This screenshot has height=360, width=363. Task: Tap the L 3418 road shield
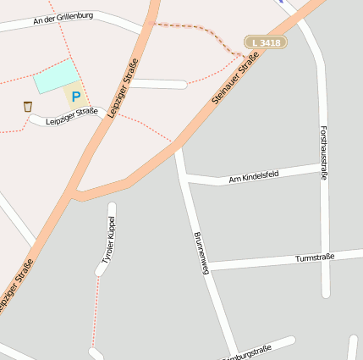(x=266, y=42)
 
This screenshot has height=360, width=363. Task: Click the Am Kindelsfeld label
(x=254, y=178)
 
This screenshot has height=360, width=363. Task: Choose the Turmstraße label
(x=315, y=257)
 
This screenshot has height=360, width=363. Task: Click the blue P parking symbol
(x=76, y=97)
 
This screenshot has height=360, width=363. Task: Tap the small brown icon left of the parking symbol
(x=28, y=107)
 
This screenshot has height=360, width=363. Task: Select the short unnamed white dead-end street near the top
(x=157, y=84)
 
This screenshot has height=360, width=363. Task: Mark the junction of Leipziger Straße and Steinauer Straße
(x=76, y=197)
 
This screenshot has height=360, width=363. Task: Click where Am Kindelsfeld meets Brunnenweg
(x=186, y=179)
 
